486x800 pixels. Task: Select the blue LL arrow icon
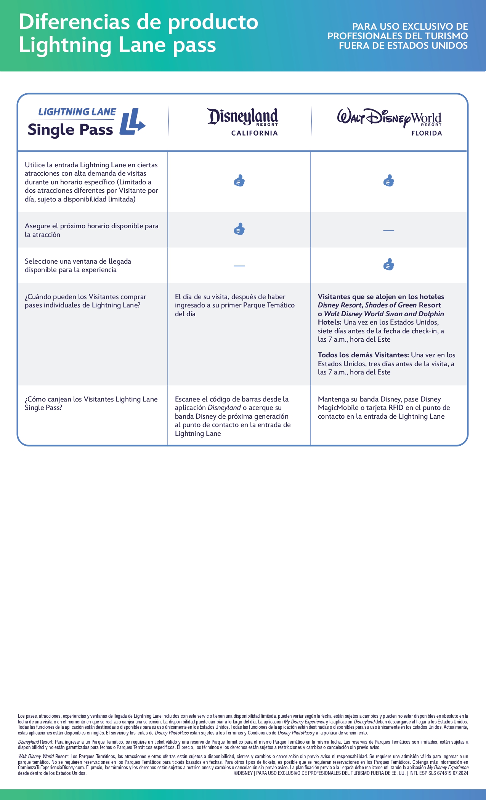(x=132, y=122)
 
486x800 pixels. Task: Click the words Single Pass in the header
(x=71, y=130)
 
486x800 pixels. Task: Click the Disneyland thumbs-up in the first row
(x=239, y=181)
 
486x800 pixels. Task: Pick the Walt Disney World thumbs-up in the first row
(x=389, y=181)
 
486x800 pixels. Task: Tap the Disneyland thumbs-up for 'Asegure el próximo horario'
(x=239, y=229)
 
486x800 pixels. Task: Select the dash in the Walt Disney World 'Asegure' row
(x=388, y=230)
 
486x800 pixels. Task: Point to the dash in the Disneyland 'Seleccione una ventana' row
(x=239, y=266)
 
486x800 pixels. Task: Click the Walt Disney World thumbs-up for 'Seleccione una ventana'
(x=389, y=264)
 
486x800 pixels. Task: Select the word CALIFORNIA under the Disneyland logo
(x=254, y=133)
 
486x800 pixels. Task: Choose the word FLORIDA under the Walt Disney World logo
(x=427, y=133)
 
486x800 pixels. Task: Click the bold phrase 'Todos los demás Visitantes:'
(x=363, y=355)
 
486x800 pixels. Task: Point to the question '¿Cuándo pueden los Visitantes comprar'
(x=85, y=297)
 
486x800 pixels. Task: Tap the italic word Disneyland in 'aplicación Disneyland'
(x=224, y=408)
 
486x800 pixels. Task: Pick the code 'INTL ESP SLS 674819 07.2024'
(x=438, y=773)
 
